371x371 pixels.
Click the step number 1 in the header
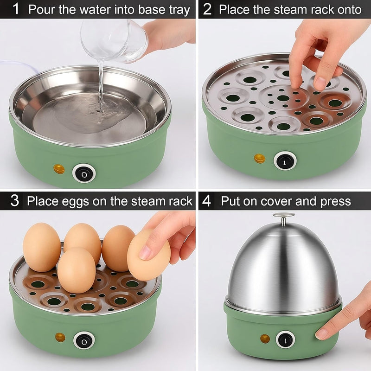point(16,9)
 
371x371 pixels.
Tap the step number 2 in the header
point(207,9)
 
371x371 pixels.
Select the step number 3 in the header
point(15,201)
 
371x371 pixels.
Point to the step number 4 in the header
point(206,201)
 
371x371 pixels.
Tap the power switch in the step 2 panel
point(285,161)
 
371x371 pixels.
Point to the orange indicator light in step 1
point(59,169)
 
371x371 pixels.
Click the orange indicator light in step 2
point(260,159)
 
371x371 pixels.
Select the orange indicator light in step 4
point(265,339)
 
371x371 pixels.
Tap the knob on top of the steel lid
point(284,218)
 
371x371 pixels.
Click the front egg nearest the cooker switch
point(77,270)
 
